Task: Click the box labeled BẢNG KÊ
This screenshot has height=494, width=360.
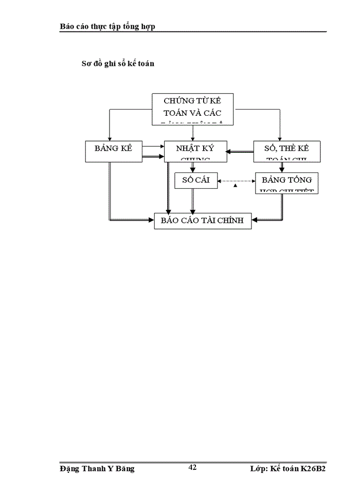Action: (114, 151)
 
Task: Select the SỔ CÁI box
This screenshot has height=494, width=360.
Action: (192, 181)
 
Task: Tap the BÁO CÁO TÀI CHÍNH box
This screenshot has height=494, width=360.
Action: (203, 221)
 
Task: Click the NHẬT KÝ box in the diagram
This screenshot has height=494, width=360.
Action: (195, 151)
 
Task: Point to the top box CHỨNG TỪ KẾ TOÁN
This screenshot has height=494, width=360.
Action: (192, 109)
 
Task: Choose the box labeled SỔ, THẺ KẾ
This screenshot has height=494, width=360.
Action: (287, 151)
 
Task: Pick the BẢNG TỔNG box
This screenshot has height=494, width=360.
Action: (286, 182)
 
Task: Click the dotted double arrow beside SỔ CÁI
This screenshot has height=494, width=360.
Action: (236, 181)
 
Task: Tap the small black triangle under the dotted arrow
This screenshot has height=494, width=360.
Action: (235, 186)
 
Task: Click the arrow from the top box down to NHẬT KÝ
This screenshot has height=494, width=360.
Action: (192, 132)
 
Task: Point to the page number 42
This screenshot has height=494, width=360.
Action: (192, 467)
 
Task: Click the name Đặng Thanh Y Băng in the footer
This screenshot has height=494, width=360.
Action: (97, 469)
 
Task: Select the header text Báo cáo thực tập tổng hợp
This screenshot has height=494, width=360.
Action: (107, 26)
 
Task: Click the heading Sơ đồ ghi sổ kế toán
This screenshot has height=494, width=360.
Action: (118, 64)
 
